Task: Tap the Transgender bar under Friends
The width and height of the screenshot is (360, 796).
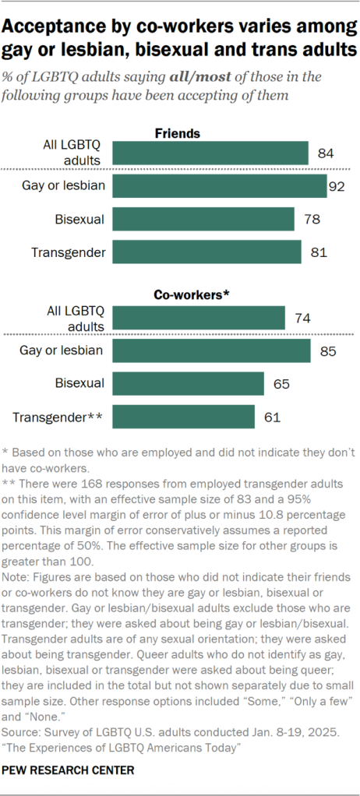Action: [x=206, y=252]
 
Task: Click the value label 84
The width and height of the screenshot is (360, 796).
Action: [x=326, y=153]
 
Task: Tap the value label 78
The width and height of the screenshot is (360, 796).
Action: [x=312, y=220]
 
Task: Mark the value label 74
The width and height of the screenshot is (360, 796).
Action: [x=302, y=318]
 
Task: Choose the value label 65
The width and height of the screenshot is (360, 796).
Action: [x=281, y=384]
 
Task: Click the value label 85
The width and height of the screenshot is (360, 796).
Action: [x=327, y=351]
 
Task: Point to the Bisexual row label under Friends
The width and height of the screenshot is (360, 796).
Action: [x=79, y=219]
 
